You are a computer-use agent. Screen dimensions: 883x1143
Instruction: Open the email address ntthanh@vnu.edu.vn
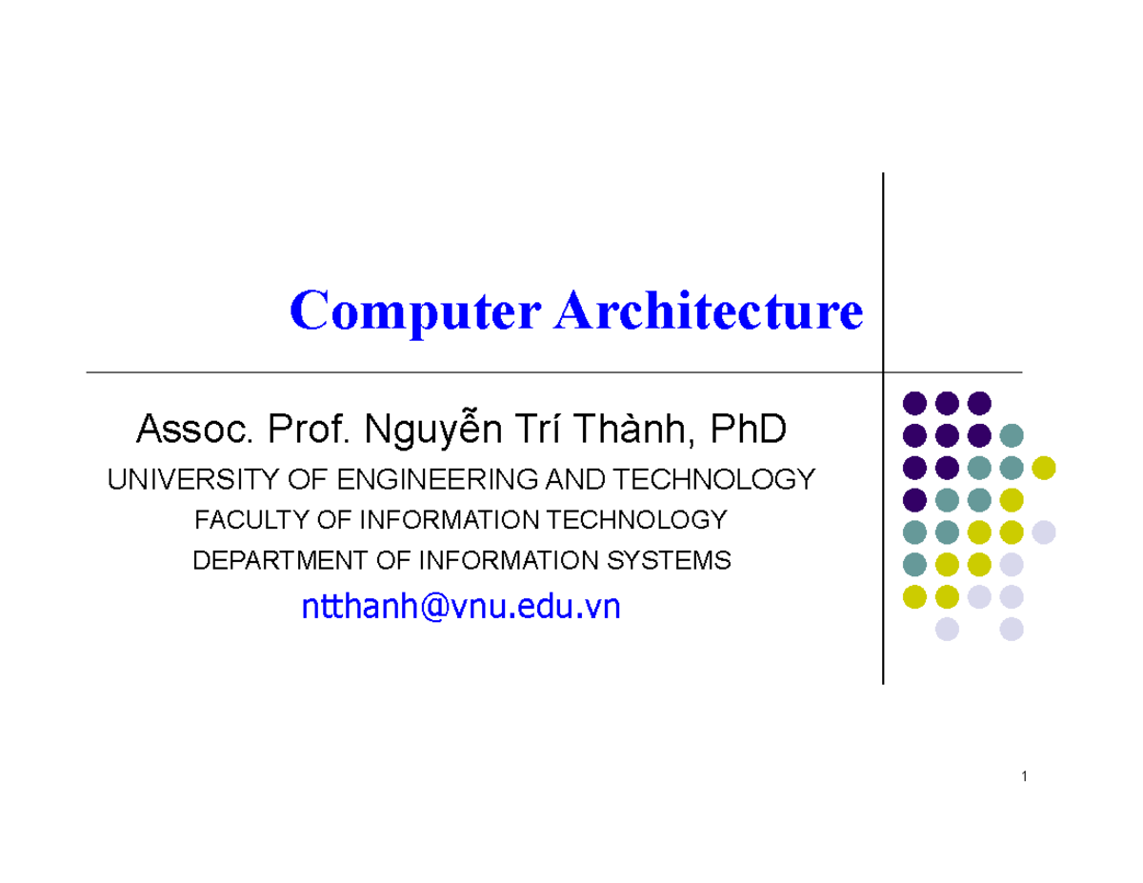(x=460, y=607)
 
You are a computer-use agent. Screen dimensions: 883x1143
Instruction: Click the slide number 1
(x=1023, y=777)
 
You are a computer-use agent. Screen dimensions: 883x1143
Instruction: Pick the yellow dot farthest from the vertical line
(x=1044, y=468)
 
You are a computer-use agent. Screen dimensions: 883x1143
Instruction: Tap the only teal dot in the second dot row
(x=1012, y=435)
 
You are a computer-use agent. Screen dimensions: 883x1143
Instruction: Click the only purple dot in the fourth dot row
(x=914, y=499)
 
